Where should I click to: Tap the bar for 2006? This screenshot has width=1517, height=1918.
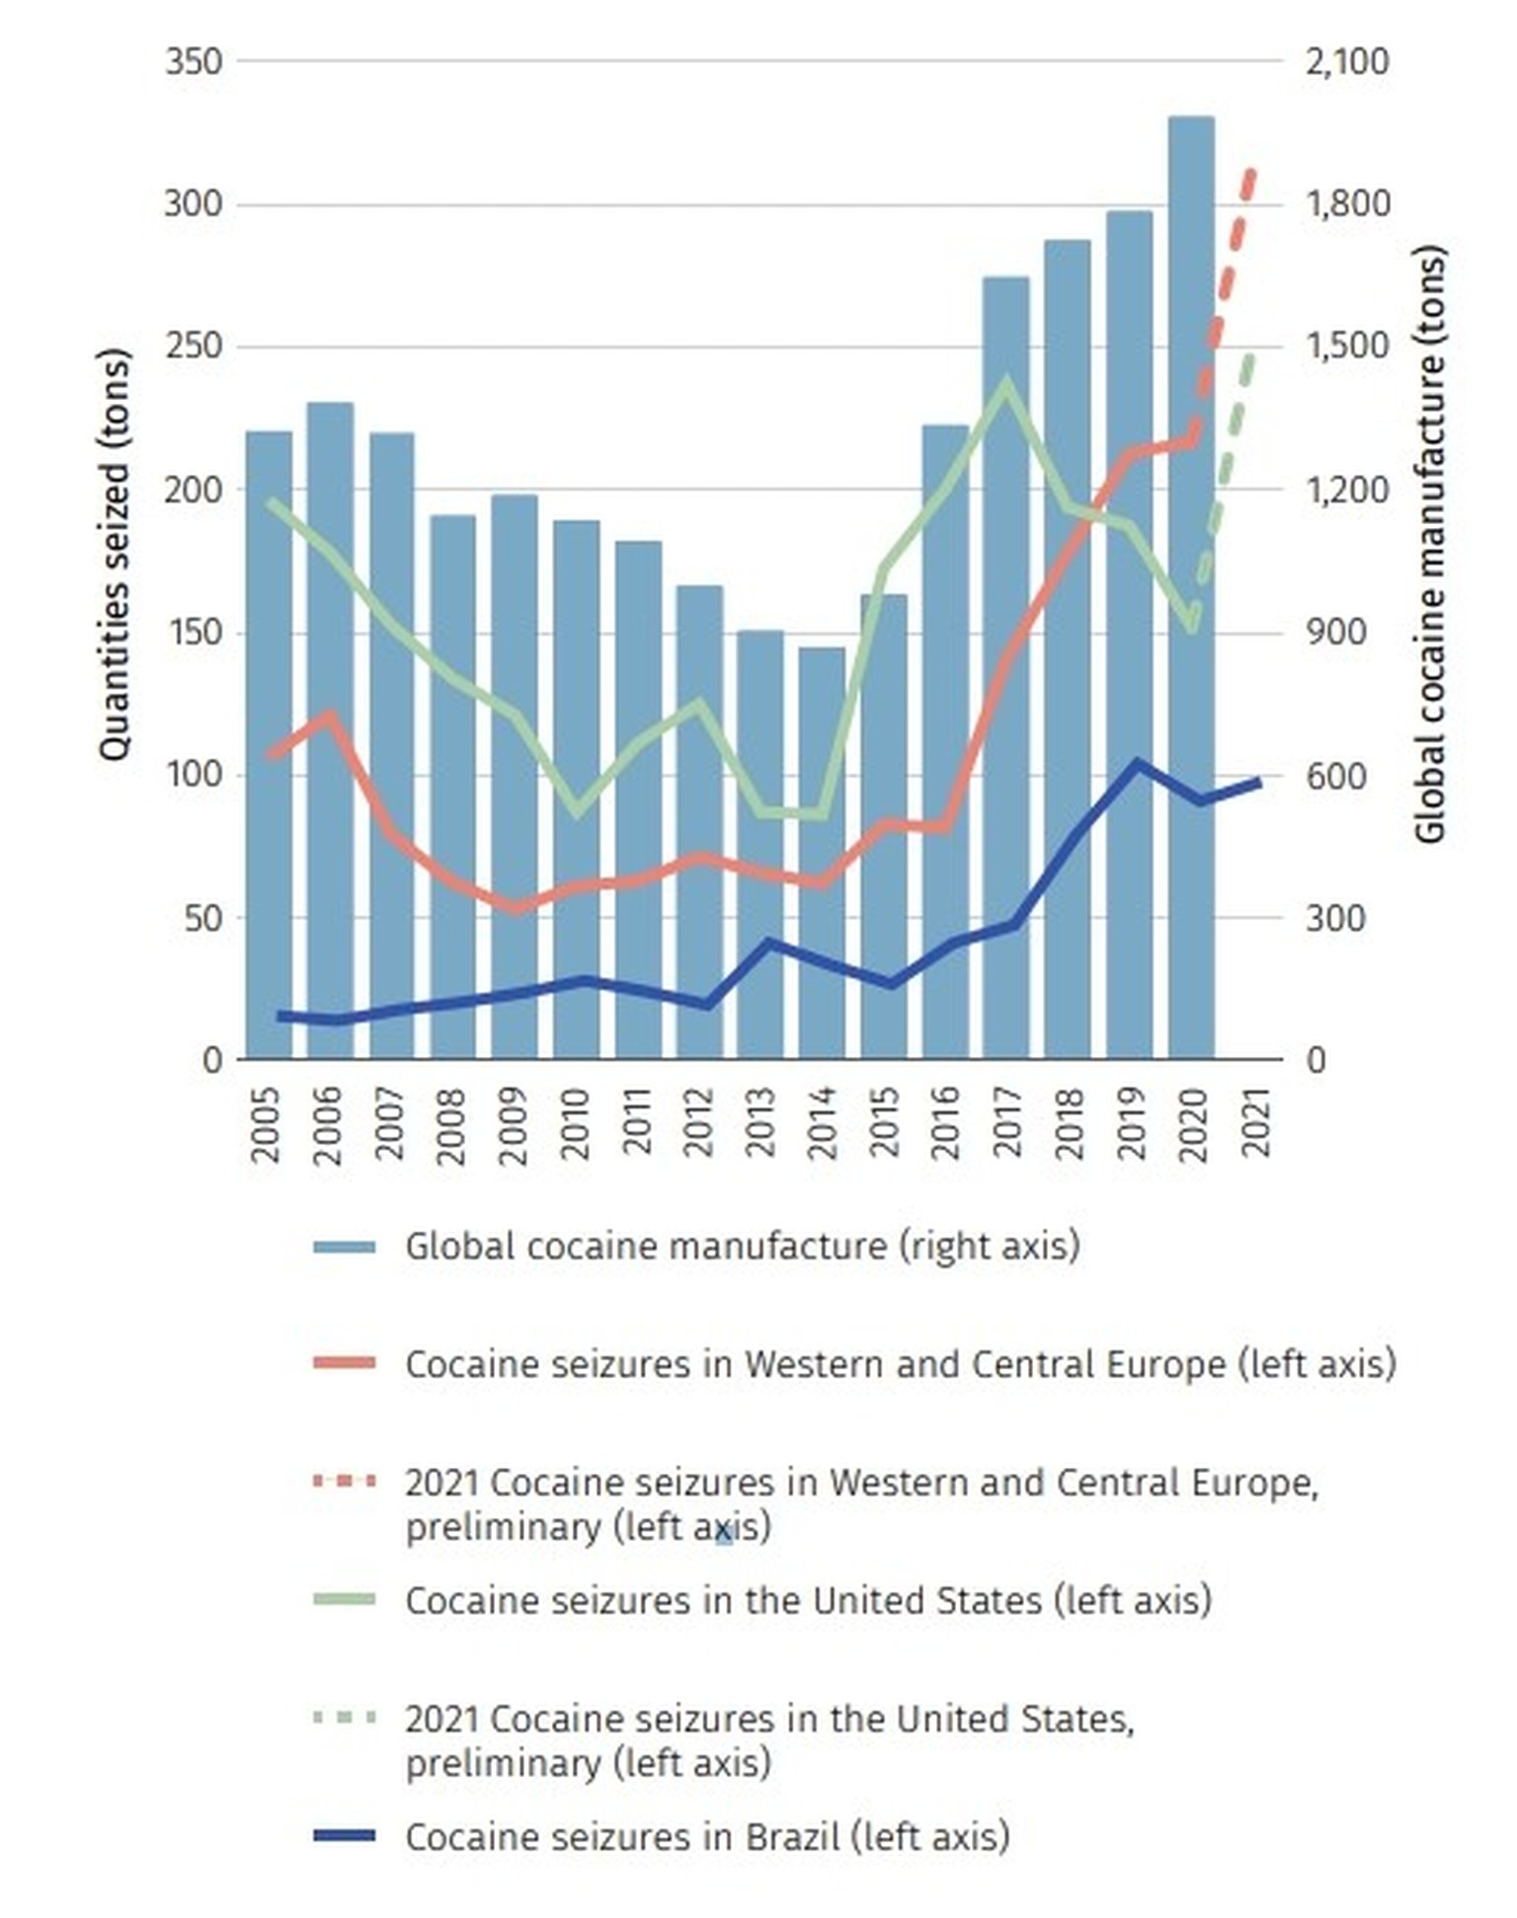coord(330,730)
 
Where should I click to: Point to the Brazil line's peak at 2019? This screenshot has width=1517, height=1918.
coord(1137,763)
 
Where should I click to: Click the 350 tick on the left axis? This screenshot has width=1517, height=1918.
coord(195,61)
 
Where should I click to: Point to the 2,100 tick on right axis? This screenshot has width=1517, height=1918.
coord(1346,61)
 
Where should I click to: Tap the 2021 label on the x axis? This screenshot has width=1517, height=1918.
coord(1254,1123)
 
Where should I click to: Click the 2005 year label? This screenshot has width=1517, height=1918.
coord(266,1125)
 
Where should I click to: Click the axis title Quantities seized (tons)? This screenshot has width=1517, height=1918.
coord(116,555)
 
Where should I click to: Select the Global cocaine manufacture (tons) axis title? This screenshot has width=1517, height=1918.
coord(1430,543)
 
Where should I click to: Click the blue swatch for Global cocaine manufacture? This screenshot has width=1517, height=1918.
coord(344,1247)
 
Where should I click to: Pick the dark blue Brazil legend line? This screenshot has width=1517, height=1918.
coord(344,1836)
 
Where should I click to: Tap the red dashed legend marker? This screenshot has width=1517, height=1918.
coord(344,1482)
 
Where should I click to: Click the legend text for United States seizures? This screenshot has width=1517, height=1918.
coord(808,1600)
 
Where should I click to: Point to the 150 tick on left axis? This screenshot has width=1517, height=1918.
coord(195,632)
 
